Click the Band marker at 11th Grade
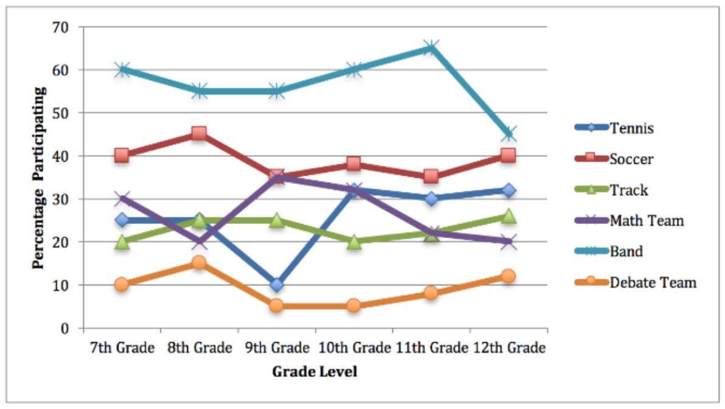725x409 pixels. pos(431,47)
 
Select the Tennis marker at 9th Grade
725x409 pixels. pos(277,284)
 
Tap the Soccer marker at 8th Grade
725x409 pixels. pos(199,133)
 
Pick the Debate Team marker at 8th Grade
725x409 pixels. pos(199,263)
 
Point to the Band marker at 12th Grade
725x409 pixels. pos(508,133)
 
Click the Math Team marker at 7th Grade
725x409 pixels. pos(122,198)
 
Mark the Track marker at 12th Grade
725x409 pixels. pos(508,216)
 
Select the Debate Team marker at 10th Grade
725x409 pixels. pos(354,306)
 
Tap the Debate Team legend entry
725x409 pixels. pos(653,282)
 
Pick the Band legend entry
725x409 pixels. pos(626,251)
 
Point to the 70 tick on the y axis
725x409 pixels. pos(64,27)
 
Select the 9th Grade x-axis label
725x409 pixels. pos(277,349)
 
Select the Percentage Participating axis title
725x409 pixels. pos(40,177)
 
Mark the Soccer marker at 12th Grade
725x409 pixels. pos(508,155)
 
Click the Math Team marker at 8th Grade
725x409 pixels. pos(199,242)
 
